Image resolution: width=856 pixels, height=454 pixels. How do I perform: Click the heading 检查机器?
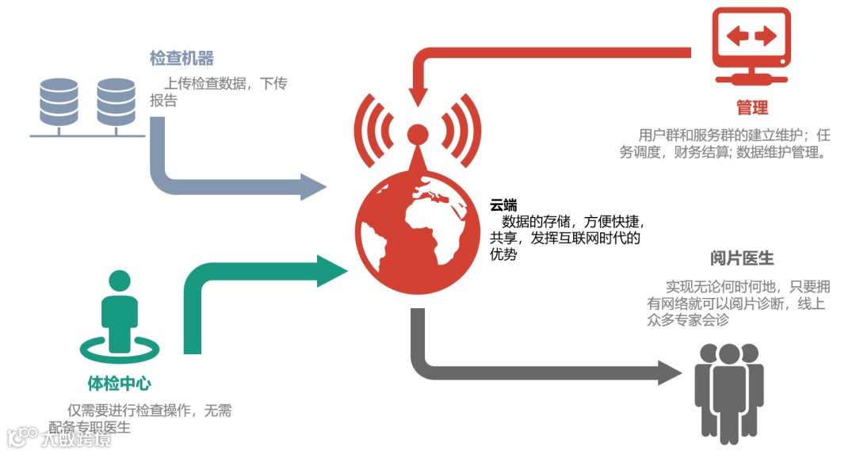182,59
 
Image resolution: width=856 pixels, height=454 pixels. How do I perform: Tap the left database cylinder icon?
59,102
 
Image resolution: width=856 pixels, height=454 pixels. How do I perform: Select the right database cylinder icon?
117,102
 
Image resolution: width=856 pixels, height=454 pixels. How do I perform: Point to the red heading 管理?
751,108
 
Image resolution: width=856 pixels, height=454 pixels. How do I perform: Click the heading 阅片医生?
742,259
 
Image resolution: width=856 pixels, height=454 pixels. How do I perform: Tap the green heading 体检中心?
119,384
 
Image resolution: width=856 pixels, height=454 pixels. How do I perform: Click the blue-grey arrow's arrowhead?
313,187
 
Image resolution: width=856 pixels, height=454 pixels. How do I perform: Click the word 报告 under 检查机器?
163,101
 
